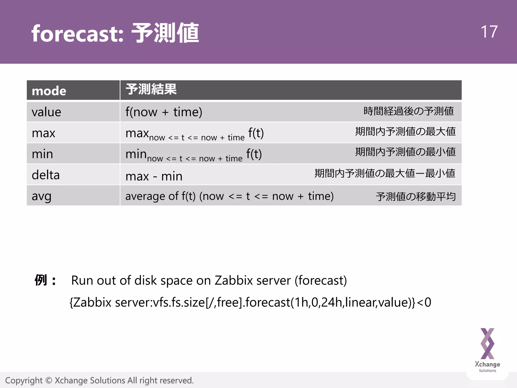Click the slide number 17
click(x=489, y=32)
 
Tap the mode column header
click(x=49, y=91)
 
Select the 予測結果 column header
click(x=151, y=89)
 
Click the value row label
click(x=46, y=112)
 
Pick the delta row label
click(x=46, y=175)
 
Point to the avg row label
click(x=42, y=196)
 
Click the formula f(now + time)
click(x=164, y=112)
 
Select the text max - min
click(x=154, y=176)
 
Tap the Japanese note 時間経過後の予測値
click(x=408, y=111)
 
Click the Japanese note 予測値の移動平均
click(x=416, y=197)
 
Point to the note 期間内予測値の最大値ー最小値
click(x=385, y=173)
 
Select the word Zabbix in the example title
click(x=234, y=280)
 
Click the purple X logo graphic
click(x=487, y=344)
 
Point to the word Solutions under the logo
click(x=487, y=371)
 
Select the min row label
click(x=42, y=154)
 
